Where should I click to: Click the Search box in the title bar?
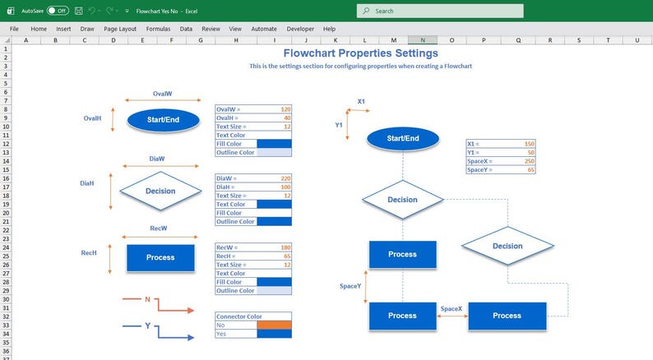pos(440,11)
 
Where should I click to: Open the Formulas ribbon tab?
pos(158,28)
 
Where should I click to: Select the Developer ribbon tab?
pos(300,28)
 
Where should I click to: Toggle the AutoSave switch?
pos(57,11)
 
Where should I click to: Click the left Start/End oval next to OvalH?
pos(164,120)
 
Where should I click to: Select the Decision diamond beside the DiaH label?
pos(160,191)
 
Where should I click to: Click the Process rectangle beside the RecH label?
pos(160,257)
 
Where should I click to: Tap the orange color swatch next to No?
pos(274,325)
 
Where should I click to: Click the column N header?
pos(423,39)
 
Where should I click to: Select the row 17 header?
pos(6,187)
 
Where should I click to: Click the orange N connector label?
pos(147,300)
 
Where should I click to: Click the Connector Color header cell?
pos(252,316)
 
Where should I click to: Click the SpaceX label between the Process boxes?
pos(452,308)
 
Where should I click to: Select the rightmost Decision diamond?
pos(507,246)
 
